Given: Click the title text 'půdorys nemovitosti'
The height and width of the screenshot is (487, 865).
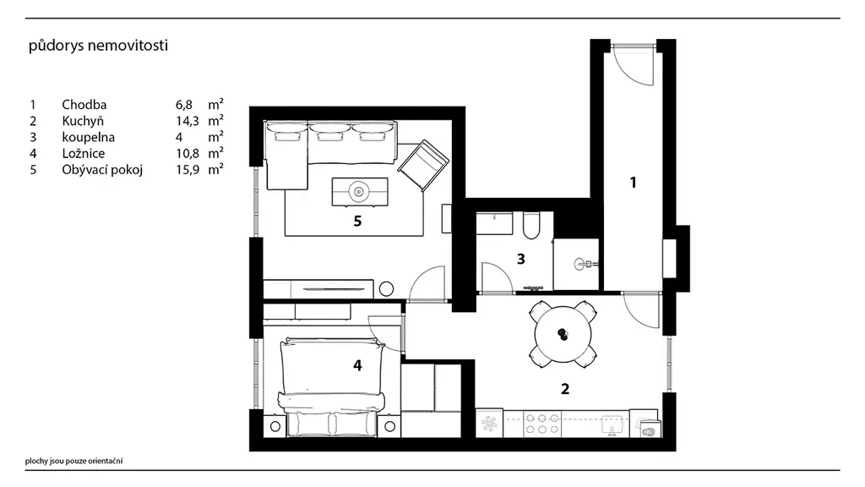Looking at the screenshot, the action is pyautogui.click(x=98, y=46).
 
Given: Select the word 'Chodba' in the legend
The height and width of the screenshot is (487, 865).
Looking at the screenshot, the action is pyautogui.click(x=84, y=104).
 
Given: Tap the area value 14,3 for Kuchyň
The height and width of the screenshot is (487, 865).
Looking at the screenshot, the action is pyautogui.click(x=187, y=121).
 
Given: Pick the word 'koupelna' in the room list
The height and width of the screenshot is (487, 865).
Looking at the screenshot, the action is pyautogui.click(x=88, y=137).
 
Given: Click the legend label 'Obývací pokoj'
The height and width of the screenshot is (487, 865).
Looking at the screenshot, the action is pyautogui.click(x=102, y=169).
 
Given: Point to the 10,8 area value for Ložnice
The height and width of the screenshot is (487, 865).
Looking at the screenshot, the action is pyautogui.click(x=187, y=153).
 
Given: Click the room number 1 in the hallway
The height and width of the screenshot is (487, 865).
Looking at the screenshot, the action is pyautogui.click(x=634, y=183).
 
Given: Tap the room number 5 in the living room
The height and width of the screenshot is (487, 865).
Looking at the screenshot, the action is pyautogui.click(x=357, y=222).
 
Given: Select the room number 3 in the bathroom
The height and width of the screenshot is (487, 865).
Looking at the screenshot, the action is pyautogui.click(x=520, y=259).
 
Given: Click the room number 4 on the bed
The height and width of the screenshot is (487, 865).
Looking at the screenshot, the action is pyautogui.click(x=357, y=365).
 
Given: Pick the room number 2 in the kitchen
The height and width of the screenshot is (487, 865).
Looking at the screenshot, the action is pyautogui.click(x=565, y=389).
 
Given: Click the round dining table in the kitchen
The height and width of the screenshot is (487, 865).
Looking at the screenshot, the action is pyautogui.click(x=563, y=335).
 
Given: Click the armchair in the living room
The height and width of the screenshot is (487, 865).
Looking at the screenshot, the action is pyautogui.click(x=423, y=165).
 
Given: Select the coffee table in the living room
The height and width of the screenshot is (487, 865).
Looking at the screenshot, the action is pyautogui.click(x=360, y=192).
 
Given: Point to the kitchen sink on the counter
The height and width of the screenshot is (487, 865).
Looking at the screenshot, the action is pyautogui.click(x=612, y=424).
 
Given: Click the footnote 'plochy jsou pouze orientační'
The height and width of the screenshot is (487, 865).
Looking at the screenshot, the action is pyautogui.click(x=74, y=461).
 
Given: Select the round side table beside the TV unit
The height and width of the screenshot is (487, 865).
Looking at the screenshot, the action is pyautogui.click(x=386, y=289).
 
